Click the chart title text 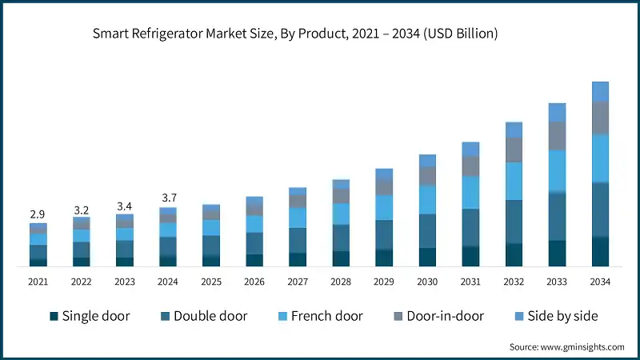(x=295, y=34)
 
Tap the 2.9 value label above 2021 (x=38, y=215)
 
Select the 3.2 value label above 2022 (x=81, y=210)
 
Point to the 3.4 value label (x=124, y=206)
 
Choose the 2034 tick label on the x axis (x=600, y=282)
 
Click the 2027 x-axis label (x=298, y=282)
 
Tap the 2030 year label (x=427, y=282)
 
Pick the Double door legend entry (x=203, y=316)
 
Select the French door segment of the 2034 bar (x=600, y=158)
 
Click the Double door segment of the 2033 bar (x=557, y=216)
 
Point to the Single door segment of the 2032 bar (x=514, y=254)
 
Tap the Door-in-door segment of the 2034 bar (x=600, y=118)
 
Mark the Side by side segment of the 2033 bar (x=557, y=112)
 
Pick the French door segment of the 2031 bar (x=470, y=192)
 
